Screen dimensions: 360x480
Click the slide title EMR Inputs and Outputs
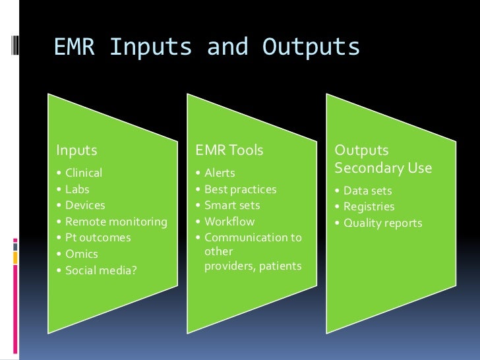coord(207,47)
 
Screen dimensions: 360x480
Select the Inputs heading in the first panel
coord(76,150)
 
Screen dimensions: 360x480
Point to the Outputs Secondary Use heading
coord(383,159)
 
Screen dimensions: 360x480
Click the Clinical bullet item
coord(84,173)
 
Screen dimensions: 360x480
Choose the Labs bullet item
coord(77,190)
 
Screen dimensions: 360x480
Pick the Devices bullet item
coord(85,206)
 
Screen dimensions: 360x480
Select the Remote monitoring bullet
coord(116,222)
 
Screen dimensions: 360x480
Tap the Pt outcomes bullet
coord(98,237)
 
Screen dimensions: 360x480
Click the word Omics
coord(81,254)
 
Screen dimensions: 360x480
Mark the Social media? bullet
coord(100,270)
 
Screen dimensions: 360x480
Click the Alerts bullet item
coord(220,173)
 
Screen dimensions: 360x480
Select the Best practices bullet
coord(241,189)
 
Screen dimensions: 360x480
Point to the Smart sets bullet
coord(232,206)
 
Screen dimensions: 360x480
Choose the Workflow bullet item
coord(229,222)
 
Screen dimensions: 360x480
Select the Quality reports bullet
coord(382,223)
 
